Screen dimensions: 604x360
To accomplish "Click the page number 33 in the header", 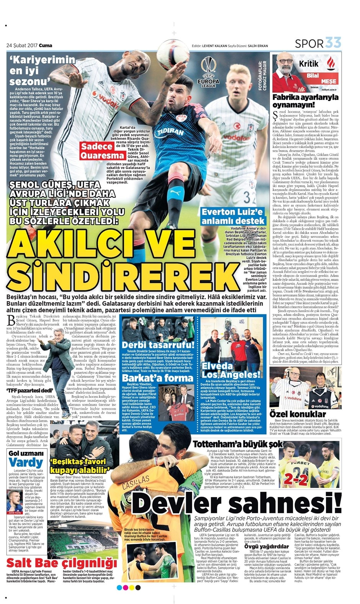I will pos(333,43).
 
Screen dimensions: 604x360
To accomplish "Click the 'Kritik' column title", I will pos(309,64).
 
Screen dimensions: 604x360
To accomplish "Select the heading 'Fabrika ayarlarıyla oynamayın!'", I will pos(305,101).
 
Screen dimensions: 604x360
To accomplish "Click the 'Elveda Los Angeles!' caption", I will pos(231,370).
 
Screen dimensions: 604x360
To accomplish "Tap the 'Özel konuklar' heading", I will pos(298,414).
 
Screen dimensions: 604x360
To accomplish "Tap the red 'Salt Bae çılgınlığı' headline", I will pos(62,563).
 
